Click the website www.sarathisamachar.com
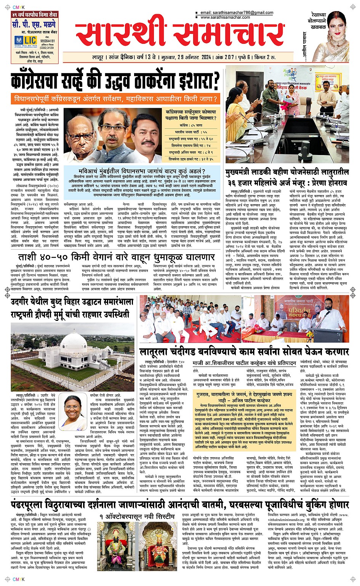tap(225, 17)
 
